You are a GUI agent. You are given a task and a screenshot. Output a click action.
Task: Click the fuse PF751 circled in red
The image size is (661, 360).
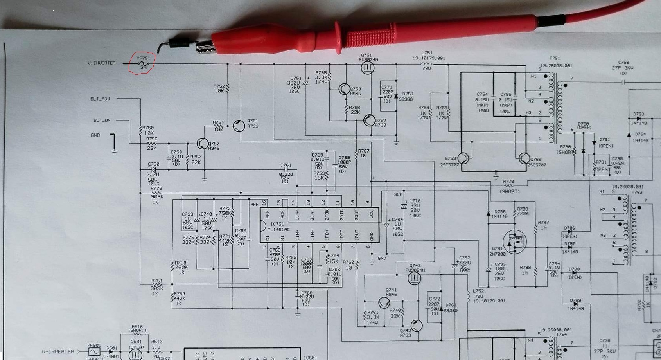click(143, 63)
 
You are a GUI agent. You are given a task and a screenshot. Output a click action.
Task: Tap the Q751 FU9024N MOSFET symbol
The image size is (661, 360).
click(367, 68)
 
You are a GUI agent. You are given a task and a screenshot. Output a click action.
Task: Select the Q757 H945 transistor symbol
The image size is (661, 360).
click(203, 144)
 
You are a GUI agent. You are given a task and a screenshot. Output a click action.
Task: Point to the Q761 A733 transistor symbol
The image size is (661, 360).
click(239, 126)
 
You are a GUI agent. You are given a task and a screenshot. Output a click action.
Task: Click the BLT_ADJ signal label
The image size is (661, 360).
click(100, 99)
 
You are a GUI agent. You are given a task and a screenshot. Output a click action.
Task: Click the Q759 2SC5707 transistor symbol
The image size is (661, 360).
click(463, 158)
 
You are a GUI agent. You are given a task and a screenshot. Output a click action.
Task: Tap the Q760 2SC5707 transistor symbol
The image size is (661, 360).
click(524, 158)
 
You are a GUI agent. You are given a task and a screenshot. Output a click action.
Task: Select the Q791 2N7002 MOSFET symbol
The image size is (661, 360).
click(515, 242)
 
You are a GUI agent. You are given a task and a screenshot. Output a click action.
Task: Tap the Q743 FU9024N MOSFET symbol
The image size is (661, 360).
click(414, 279)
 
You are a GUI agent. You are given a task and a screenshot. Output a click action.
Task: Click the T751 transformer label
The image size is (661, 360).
click(554, 58)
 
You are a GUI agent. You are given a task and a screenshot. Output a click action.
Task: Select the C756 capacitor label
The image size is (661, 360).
click(623, 62)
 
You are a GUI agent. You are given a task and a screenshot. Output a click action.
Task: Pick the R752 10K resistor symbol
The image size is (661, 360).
click(228, 88)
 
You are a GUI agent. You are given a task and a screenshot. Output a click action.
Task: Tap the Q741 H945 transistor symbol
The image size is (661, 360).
click(384, 302)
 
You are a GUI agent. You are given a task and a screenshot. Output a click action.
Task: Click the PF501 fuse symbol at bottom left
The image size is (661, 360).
click(94, 351)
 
